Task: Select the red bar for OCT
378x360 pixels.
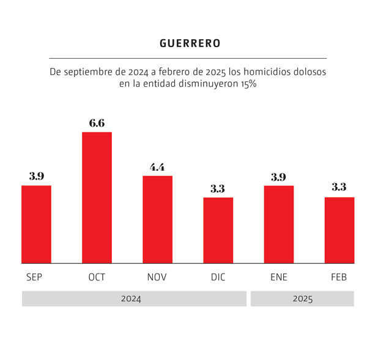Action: pyautogui.click(x=97, y=197)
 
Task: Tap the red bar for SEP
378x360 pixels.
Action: pyautogui.click(x=36, y=224)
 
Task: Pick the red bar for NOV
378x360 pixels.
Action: pyautogui.click(x=157, y=219)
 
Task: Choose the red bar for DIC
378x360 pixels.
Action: pyautogui.click(x=218, y=230)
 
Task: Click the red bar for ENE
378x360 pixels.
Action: pyautogui.click(x=278, y=224)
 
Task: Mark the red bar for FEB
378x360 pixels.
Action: pyautogui.click(x=339, y=230)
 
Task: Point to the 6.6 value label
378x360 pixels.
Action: pyautogui.click(x=97, y=123)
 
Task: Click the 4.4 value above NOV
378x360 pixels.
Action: pyautogui.click(x=157, y=167)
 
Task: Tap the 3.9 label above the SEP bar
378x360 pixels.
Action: pyautogui.click(x=36, y=176)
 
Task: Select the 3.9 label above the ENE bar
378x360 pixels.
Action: pyautogui.click(x=278, y=177)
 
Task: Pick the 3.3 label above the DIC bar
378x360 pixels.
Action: pyautogui.click(x=218, y=189)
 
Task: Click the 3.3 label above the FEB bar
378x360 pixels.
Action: pyautogui.click(x=339, y=188)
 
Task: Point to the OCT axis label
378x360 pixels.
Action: pyautogui.click(x=97, y=277)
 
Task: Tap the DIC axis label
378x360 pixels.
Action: pyautogui.click(x=218, y=277)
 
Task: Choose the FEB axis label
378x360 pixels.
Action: pyautogui.click(x=339, y=277)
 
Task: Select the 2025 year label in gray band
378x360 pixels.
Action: pyautogui.click(x=302, y=299)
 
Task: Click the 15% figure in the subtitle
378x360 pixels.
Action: pyautogui.click(x=248, y=84)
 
